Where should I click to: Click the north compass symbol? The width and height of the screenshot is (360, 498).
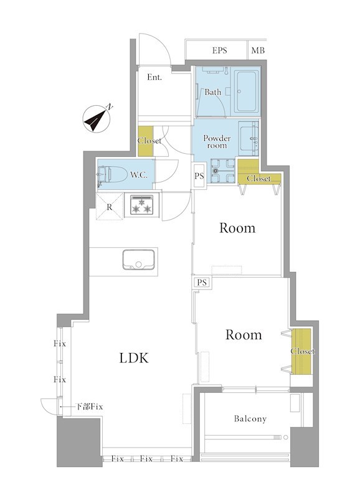point(97,119)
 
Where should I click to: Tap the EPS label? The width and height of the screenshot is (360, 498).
point(220,50)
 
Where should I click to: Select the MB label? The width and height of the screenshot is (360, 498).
point(258,50)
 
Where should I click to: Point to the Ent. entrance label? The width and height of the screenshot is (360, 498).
point(154,77)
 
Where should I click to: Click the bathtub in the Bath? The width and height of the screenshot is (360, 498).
point(246,92)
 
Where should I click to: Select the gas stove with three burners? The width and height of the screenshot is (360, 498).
point(141,205)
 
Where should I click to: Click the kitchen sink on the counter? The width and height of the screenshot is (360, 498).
point(139,260)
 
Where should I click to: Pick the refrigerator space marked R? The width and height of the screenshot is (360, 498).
point(110,207)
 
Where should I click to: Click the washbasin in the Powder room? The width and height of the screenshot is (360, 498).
point(249,138)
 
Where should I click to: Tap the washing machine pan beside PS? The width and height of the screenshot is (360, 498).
point(222,171)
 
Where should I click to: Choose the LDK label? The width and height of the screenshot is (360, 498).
point(134,358)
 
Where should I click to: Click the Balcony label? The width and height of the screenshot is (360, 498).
point(250,419)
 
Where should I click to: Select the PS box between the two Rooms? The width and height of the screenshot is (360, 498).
point(202,282)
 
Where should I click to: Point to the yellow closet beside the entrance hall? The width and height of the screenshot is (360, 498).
point(146,141)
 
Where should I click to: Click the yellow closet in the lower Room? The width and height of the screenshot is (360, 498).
point(301,352)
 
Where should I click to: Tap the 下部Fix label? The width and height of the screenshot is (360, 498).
point(89,406)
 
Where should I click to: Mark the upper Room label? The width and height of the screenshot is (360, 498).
point(237,228)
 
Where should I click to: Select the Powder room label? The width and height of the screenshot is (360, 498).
point(217,142)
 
